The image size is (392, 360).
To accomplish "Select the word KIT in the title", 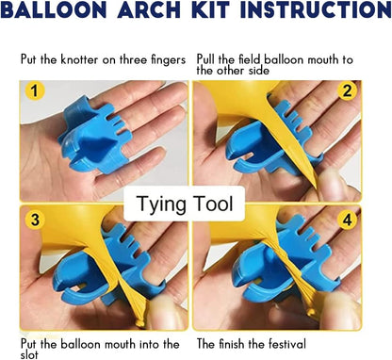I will click(x=208, y=12).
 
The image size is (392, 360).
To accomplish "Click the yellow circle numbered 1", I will click(x=35, y=93).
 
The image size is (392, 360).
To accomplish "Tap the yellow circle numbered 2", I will click(x=348, y=91).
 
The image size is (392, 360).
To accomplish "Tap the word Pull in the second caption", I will click(x=209, y=59).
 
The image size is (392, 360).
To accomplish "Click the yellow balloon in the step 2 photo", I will click(x=236, y=104).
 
